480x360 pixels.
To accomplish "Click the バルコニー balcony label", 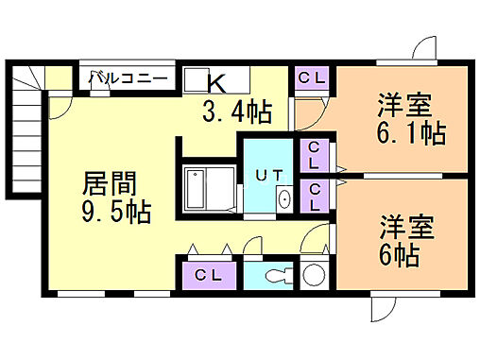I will coord(129,79).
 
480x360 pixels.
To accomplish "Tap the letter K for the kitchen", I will coord(217,81).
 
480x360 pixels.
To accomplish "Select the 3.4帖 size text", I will coord(236,112).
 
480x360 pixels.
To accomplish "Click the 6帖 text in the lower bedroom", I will coord(401,254).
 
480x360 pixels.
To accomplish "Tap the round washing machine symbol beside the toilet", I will coord(314,275).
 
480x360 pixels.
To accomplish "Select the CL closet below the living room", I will coord(208,275).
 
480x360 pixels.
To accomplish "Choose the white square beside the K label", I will coord(195,79).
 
